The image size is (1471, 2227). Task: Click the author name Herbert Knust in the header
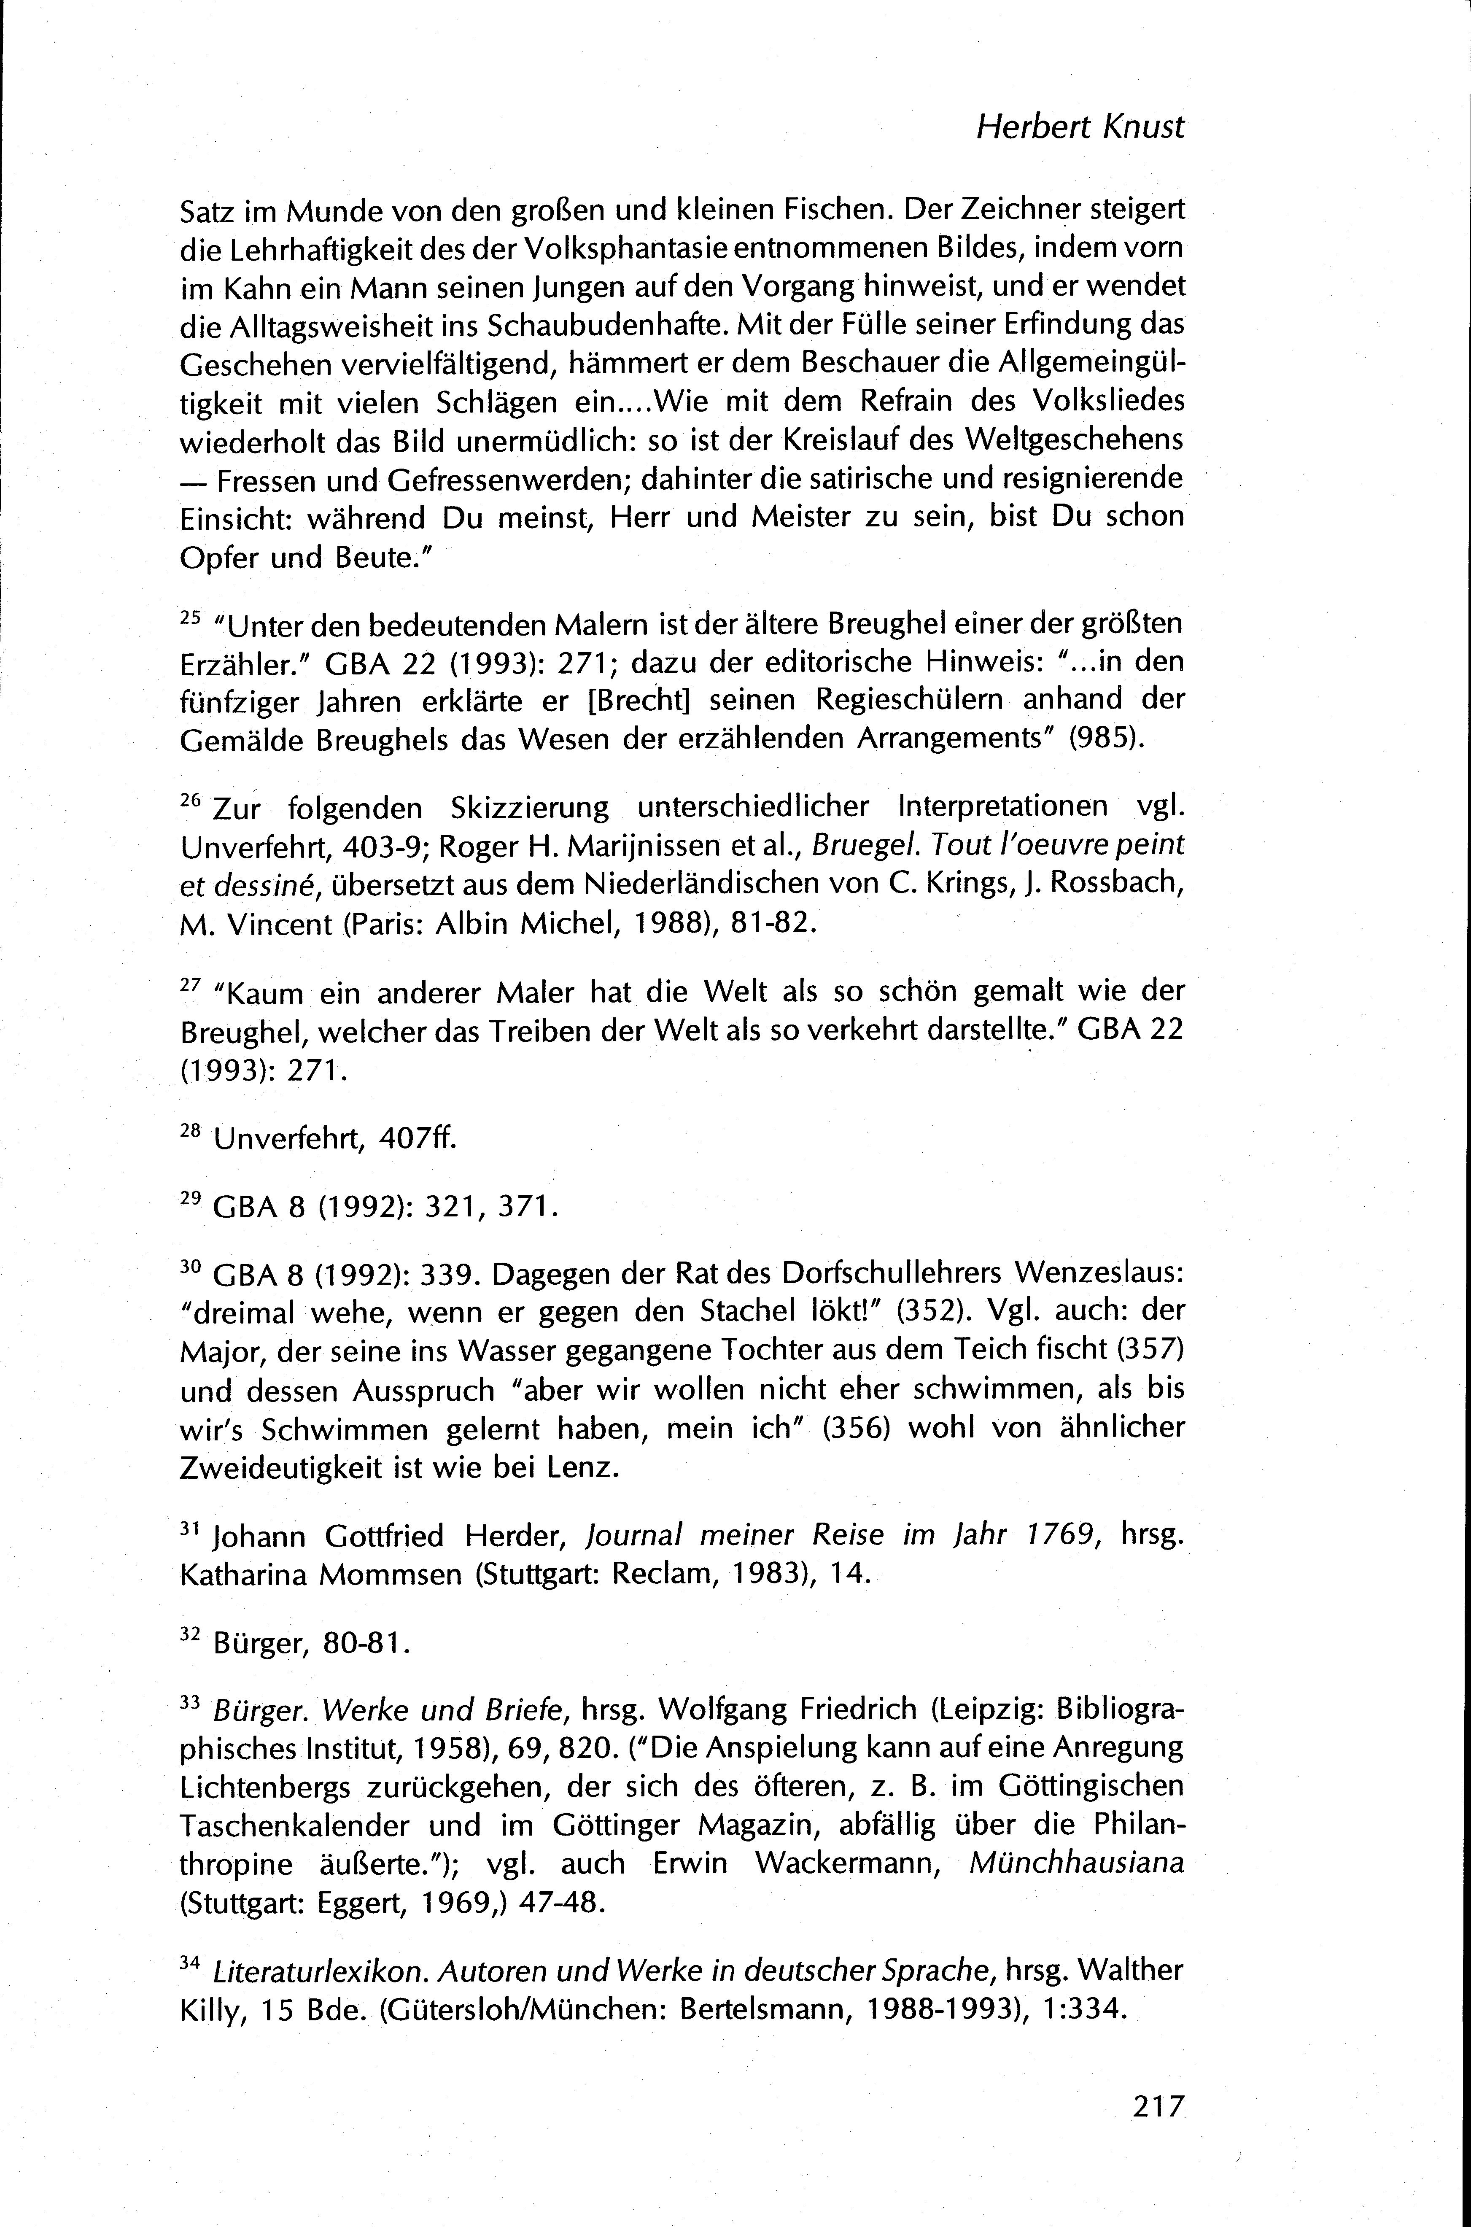click(x=1080, y=127)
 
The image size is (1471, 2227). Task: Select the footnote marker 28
click(x=189, y=1131)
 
